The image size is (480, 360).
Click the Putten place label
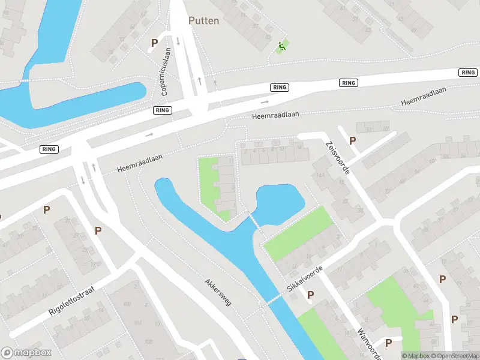204,20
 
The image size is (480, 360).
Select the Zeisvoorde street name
337,157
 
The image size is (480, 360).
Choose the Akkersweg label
217,292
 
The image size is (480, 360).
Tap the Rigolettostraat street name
73,301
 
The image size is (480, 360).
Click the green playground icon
281,46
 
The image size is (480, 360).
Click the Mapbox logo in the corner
26,353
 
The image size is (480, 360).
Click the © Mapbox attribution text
414,356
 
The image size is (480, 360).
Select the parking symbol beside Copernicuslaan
154,43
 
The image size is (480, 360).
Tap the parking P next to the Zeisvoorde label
353,140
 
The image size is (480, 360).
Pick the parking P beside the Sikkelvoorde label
311,295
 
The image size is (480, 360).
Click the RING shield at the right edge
468,72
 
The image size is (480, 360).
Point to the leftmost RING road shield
49,149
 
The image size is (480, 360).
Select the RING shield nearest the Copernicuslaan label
163,110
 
